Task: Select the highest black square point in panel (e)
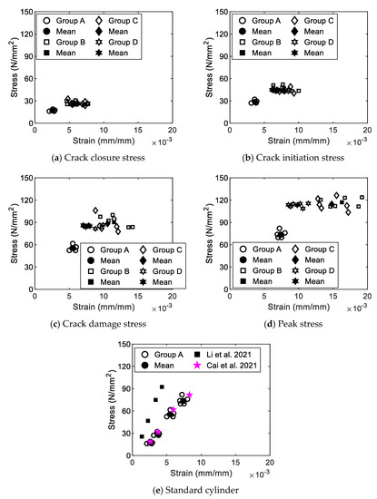pyautogui.click(x=163, y=386)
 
